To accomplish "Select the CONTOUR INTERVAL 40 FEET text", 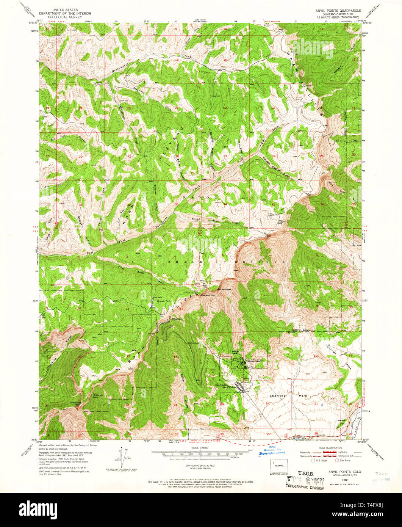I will [201, 465].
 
